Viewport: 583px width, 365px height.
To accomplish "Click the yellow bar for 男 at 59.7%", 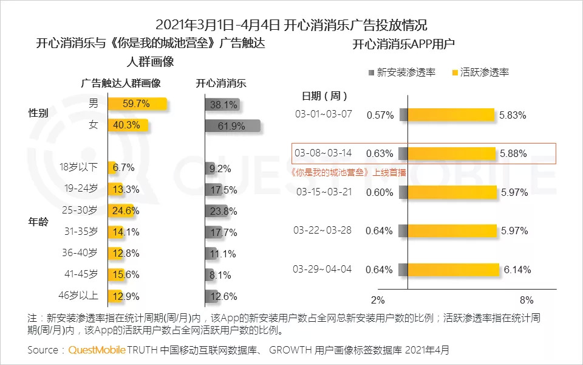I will tap(137, 104).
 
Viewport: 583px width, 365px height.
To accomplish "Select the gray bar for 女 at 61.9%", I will tap(232, 127).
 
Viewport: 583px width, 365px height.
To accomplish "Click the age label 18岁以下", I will tap(78, 167).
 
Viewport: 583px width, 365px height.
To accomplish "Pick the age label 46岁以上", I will tap(78, 296).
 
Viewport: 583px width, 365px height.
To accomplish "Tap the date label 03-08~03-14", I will tap(322, 153).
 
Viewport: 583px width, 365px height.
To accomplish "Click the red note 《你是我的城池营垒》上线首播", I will tap(349, 172).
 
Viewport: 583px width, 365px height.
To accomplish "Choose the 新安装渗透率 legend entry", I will tap(401, 72).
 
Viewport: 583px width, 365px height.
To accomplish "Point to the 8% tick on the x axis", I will tap(527, 300).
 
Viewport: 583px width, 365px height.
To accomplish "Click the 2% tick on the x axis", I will tap(378, 300).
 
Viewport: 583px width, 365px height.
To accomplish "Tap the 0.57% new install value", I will tap(380, 115).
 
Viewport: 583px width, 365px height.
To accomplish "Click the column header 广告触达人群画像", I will tap(121, 83).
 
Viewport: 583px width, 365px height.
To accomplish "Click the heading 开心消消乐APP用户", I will tap(403, 44).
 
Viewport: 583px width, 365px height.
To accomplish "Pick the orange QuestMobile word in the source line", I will tap(97, 350).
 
